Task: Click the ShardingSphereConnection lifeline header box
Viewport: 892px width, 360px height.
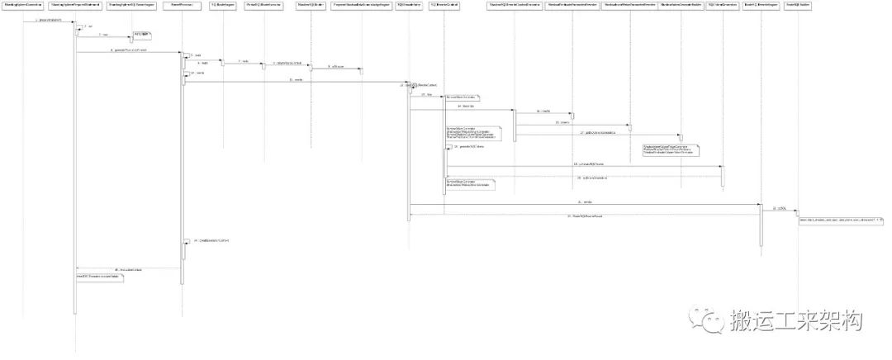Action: [x=23, y=5]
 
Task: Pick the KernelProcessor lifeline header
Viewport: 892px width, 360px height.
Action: [x=182, y=5]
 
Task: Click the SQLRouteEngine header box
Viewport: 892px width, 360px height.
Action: [x=221, y=5]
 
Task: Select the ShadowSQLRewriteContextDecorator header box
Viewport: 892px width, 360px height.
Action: [x=515, y=5]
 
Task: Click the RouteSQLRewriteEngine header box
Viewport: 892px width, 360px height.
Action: [x=761, y=5]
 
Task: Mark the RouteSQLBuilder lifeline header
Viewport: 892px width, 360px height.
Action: [x=798, y=5]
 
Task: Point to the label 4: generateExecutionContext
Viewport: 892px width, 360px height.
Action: [x=129, y=50]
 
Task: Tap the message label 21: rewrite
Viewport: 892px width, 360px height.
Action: [x=587, y=201]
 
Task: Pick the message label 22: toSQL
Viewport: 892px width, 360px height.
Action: [x=780, y=208]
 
